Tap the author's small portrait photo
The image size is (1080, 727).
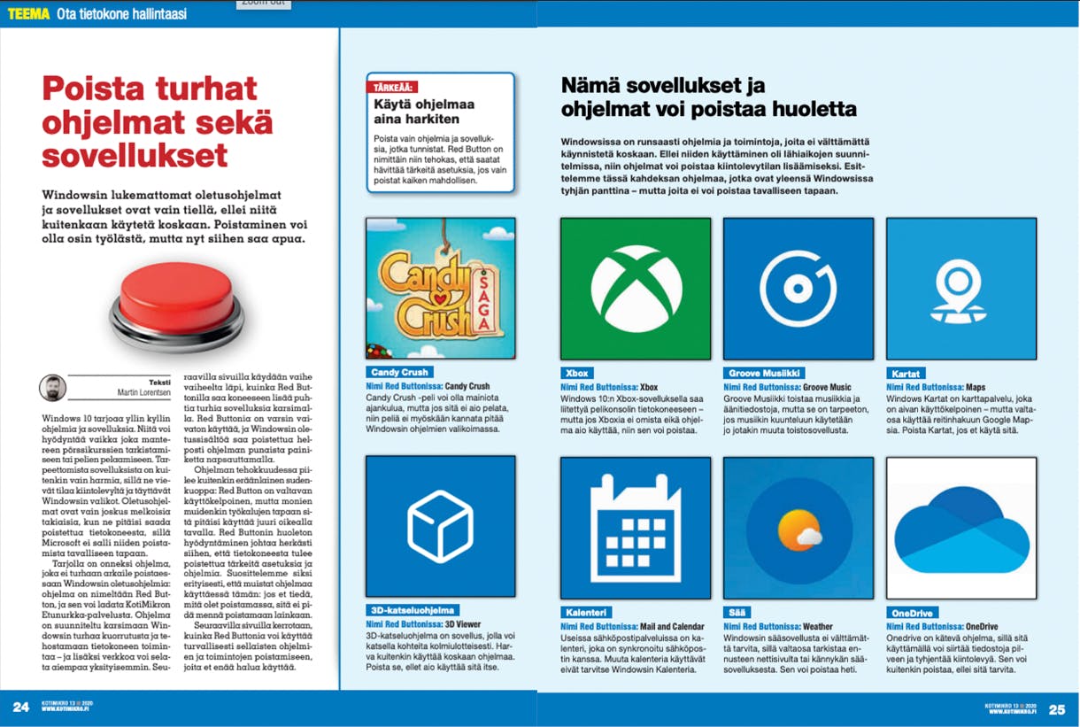point(53,388)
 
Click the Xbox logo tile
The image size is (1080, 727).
point(636,289)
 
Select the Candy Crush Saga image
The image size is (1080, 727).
point(440,289)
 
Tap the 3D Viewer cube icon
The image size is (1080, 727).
point(440,526)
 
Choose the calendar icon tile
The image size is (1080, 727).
point(636,526)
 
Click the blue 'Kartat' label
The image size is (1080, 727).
point(906,373)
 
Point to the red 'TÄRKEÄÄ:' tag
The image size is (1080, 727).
point(392,87)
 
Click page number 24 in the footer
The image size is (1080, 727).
point(20,708)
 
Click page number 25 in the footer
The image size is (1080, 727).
point(1057,708)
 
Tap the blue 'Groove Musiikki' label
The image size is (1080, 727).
point(763,373)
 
